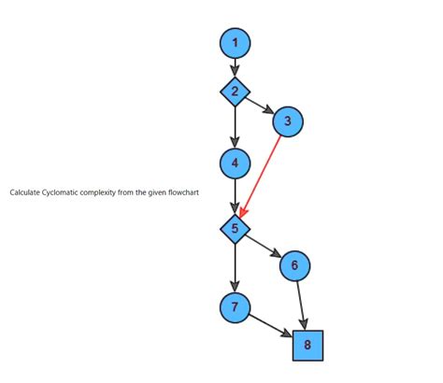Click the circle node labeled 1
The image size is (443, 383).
235,42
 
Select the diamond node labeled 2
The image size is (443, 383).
235,91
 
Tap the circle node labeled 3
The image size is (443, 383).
288,121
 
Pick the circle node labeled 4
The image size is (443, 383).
235,163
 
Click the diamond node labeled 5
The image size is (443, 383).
235,228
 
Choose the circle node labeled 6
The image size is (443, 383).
294,265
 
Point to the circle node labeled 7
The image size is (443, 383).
235,306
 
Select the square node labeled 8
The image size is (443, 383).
307,345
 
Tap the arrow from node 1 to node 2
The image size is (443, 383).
235,65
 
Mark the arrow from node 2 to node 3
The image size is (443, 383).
260,105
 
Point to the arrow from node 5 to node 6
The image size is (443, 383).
264,246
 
